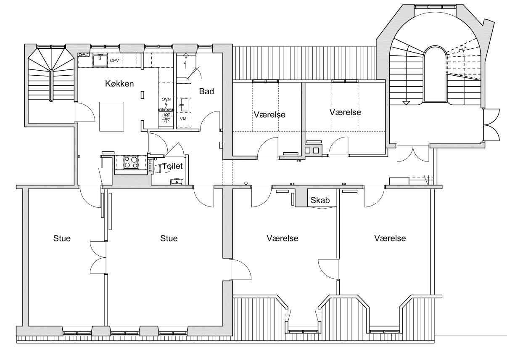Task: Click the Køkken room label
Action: tap(119, 84)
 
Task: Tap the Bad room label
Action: tap(206, 91)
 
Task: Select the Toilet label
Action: tap(172, 166)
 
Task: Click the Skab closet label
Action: tap(320, 200)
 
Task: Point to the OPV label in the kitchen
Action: tap(114, 61)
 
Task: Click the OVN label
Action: tap(166, 99)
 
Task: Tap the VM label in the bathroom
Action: tap(183, 119)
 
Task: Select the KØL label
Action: tap(168, 115)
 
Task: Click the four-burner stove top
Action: tap(131, 162)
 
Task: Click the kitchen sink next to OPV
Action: tap(100, 60)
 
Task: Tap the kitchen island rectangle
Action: tap(111, 116)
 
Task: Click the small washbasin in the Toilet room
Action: tap(176, 182)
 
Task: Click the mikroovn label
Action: tap(166, 110)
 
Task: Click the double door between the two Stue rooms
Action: tap(98, 257)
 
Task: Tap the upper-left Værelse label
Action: tap(269, 114)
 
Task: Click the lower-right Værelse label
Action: tap(390, 238)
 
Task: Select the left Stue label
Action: tap(62, 238)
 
